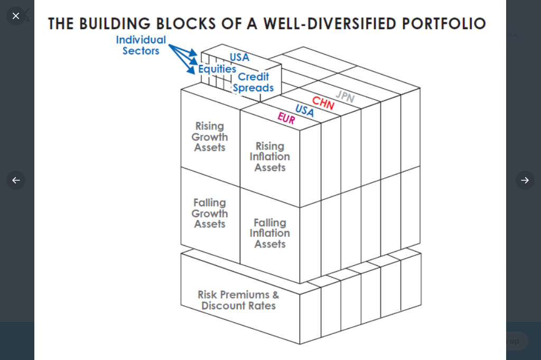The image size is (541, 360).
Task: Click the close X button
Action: pyautogui.click(x=16, y=16)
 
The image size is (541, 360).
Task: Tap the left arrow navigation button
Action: pyautogui.click(x=16, y=180)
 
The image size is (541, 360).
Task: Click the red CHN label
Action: pyautogui.click(x=323, y=103)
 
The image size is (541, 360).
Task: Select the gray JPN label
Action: pyautogui.click(x=345, y=96)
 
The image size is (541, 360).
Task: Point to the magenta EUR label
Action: pyautogui.click(x=286, y=118)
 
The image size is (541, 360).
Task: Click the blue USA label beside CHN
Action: pyautogui.click(x=304, y=110)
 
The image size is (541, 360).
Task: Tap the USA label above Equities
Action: pyautogui.click(x=239, y=57)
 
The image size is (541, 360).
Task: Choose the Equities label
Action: pyautogui.click(x=217, y=69)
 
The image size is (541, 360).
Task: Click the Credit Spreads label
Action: pyautogui.click(x=254, y=82)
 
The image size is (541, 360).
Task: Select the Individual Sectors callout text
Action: pyautogui.click(x=141, y=45)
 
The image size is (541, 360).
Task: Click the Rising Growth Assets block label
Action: pyautogui.click(x=210, y=137)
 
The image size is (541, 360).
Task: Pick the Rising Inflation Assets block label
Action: pyautogui.click(x=270, y=157)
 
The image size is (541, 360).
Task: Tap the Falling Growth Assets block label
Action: pyautogui.click(x=210, y=214)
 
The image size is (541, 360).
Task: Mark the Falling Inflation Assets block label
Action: pyautogui.click(x=270, y=233)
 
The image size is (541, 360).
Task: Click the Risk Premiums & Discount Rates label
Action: pyautogui.click(x=238, y=300)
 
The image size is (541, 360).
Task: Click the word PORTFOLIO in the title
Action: pyautogui.click(x=444, y=24)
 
